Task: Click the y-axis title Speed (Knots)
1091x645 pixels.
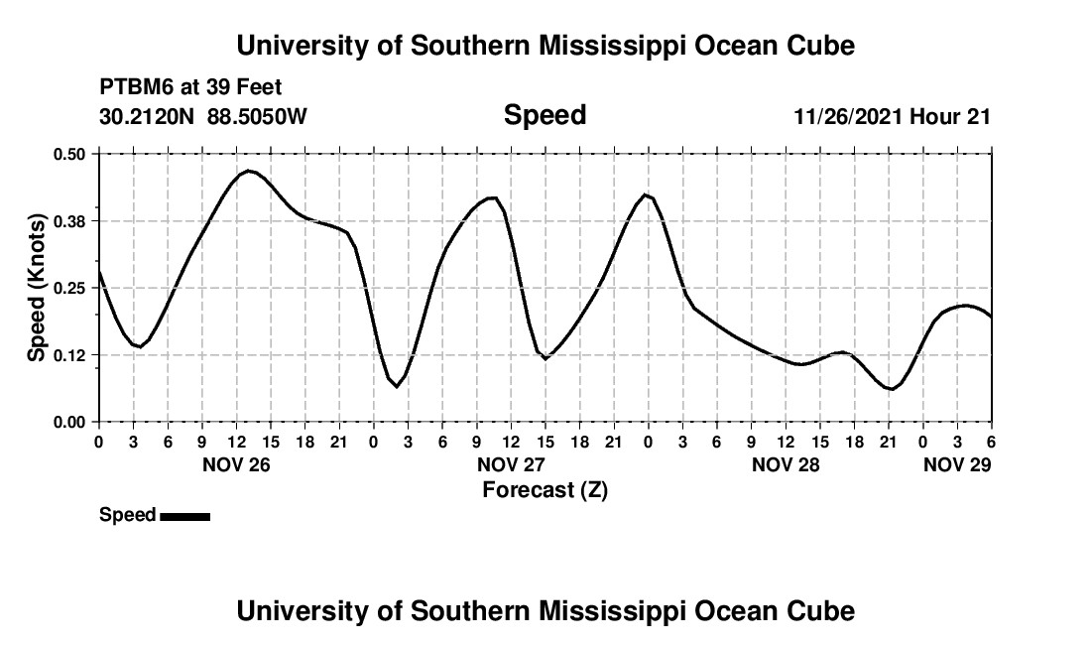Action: pyautogui.click(x=37, y=288)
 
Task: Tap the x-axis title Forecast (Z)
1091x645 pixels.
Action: pyautogui.click(x=545, y=490)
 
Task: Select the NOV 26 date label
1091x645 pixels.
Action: pyautogui.click(x=236, y=464)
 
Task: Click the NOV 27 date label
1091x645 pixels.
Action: pyautogui.click(x=511, y=464)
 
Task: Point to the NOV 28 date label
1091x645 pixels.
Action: pyautogui.click(x=786, y=464)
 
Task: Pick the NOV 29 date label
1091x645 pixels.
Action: pyautogui.click(x=957, y=464)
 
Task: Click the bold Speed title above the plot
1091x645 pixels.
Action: pyautogui.click(x=545, y=115)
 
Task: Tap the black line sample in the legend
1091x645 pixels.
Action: pyautogui.click(x=184, y=516)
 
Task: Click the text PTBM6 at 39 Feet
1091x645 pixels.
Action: pyautogui.click(x=190, y=87)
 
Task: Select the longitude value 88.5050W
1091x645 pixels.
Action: pyautogui.click(x=258, y=117)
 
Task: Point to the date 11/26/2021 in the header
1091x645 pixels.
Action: pyautogui.click(x=847, y=117)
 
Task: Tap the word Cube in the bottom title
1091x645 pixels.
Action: pyautogui.click(x=822, y=611)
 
